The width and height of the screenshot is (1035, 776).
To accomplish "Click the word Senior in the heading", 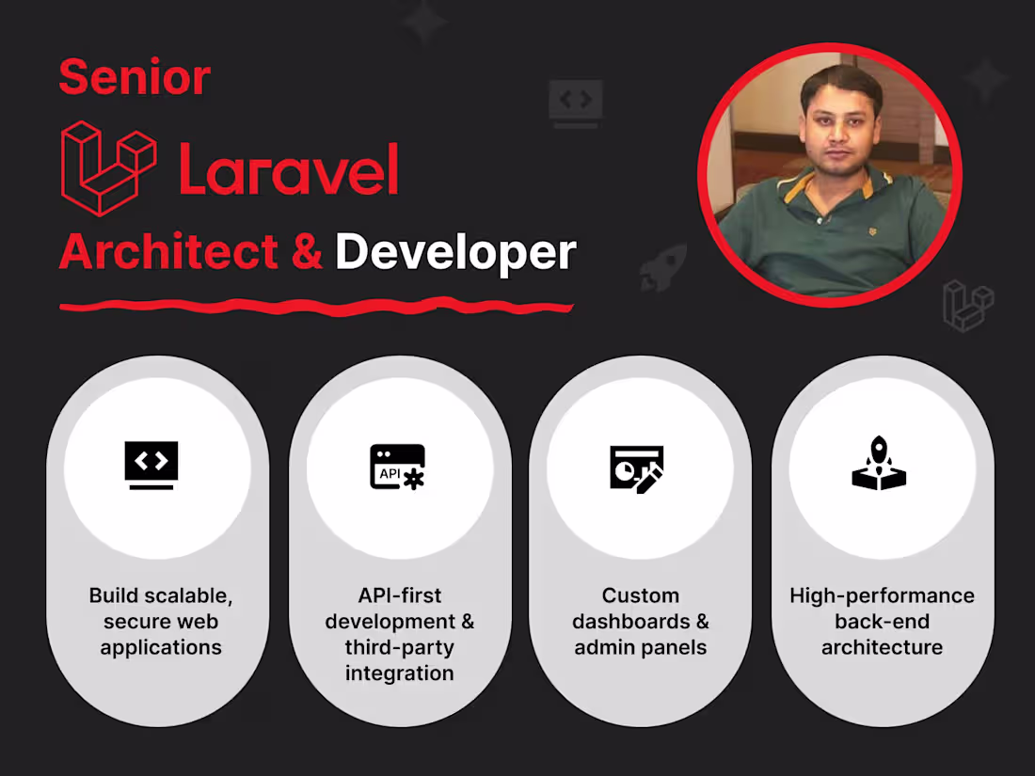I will coord(135,77).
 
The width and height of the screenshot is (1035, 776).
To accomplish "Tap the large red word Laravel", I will coord(289,170).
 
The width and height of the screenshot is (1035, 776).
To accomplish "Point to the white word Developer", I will coord(455,252).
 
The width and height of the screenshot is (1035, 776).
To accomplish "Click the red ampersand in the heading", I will coord(308,252).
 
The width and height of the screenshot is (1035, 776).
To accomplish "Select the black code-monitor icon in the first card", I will coord(151,466).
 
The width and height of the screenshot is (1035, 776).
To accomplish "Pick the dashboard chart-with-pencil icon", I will coord(637,468).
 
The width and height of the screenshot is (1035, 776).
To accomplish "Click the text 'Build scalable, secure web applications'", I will coord(161,621).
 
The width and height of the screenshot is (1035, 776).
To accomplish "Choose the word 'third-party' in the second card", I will coord(399,647).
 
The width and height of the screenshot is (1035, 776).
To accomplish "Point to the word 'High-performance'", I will coord(882,595).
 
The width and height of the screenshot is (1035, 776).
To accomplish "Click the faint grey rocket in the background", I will coord(662,267).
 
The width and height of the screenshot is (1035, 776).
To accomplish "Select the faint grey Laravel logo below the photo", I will coord(968,306).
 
